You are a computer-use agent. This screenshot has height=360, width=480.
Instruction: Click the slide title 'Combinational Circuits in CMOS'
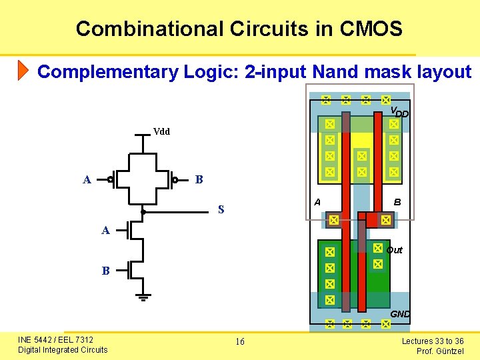(x=239, y=29)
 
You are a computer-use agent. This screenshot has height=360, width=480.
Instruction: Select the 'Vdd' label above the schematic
(x=161, y=132)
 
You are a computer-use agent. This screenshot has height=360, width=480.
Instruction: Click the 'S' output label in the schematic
(x=221, y=210)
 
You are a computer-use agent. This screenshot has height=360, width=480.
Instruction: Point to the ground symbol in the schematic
(x=144, y=297)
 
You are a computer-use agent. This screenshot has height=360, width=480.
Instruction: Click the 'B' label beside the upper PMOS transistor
(x=198, y=180)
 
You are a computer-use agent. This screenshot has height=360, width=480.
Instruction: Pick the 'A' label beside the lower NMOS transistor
(x=105, y=231)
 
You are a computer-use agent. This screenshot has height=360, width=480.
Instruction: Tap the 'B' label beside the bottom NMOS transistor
(x=105, y=271)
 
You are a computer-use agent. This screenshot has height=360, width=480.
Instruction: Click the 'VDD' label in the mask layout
(x=399, y=112)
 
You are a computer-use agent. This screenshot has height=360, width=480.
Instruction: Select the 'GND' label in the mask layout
(x=400, y=314)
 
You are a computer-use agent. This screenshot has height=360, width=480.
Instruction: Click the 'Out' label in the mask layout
(x=395, y=250)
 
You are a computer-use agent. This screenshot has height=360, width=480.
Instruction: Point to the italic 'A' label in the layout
(x=317, y=203)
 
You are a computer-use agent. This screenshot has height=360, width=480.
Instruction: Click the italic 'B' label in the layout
(x=397, y=203)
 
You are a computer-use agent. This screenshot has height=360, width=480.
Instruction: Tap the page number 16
(x=240, y=342)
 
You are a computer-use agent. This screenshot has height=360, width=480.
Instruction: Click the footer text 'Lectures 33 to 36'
(x=433, y=341)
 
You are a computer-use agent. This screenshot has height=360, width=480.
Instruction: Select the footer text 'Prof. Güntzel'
(x=440, y=351)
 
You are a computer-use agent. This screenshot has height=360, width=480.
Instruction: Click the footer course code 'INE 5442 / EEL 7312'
(x=55, y=340)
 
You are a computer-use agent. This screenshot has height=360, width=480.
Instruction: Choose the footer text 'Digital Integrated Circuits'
(x=63, y=350)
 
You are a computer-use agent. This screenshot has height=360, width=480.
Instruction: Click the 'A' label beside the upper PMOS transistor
(x=87, y=180)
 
